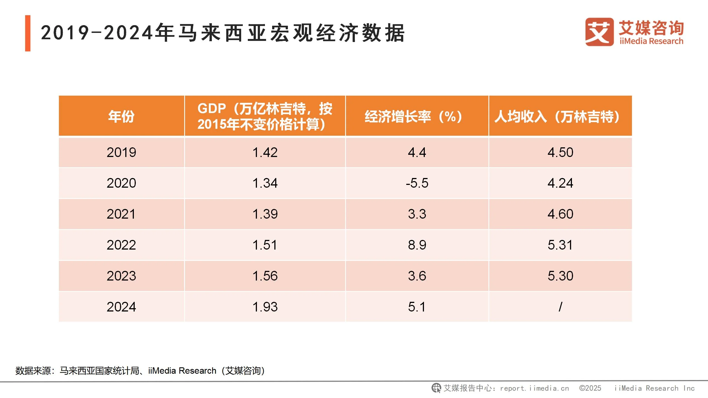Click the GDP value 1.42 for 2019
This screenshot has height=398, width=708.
tap(265, 152)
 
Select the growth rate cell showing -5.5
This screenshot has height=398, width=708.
tap(417, 183)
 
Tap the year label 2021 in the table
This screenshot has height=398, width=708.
tap(121, 214)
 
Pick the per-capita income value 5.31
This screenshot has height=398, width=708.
tap(560, 245)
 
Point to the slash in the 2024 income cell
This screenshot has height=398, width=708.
tap(560, 307)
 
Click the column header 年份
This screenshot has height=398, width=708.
tap(121, 116)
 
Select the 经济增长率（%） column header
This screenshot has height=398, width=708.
tap(413, 116)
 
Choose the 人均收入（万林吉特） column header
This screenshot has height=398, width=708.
tap(557, 116)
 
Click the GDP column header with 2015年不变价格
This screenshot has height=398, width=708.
tap(265, 116)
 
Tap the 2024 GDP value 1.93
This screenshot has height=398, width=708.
tap(265, 307)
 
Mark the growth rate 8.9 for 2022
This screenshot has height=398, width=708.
tap(417, 245)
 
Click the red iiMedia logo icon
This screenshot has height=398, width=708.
tap(599, 32)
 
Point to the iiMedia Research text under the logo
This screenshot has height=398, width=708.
tap(651, 41)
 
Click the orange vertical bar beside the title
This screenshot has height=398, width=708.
tap(28, 33)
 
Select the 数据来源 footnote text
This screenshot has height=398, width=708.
tap(140, 371)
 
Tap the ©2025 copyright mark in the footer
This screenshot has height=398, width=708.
tap(590, 388)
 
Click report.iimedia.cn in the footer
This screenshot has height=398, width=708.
tap(534, 388)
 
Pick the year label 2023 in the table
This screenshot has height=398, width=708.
tap(121, 276)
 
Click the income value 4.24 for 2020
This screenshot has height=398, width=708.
tap(560, 183)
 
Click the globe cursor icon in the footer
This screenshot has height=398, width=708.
tap(436, 388)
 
